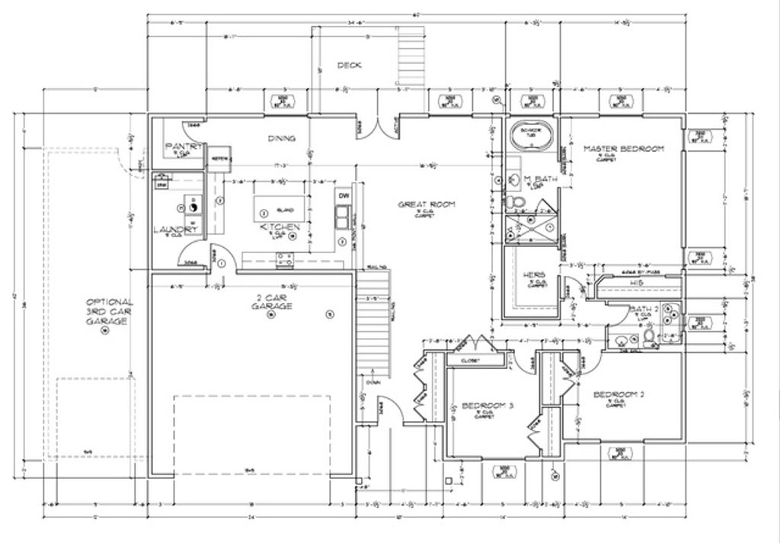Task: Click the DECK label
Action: (x=349, y=66)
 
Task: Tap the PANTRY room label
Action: (x=183, y=146)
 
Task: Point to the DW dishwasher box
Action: (x=344, y=196)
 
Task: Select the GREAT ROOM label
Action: (x=426, y=204)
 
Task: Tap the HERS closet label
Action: (x=532, y=275)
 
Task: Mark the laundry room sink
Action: (x=161, y=184)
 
